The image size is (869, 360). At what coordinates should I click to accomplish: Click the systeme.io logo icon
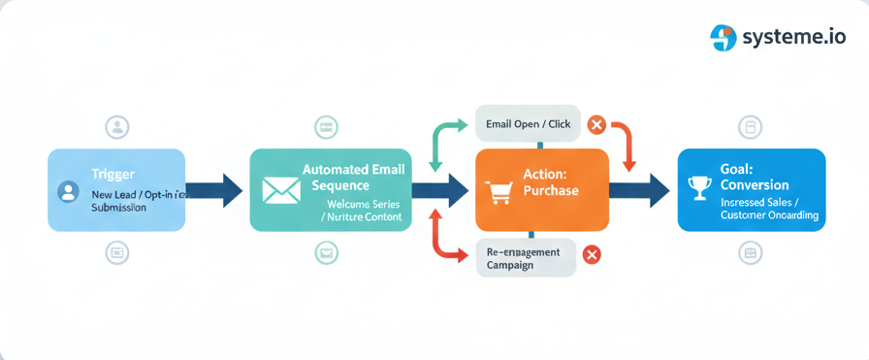coord(724,38)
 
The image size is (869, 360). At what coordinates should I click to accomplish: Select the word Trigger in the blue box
coord(113,174)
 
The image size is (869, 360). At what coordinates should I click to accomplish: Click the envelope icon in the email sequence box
coord(281,190)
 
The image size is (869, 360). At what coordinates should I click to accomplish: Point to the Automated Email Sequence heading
coord(353,177)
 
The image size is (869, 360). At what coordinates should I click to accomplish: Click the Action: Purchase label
coord(551,181)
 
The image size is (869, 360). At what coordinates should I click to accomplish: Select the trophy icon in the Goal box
coord(698,188)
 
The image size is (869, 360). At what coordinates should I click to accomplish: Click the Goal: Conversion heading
coord(755,177)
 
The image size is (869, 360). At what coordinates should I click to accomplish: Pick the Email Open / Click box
coord(528,124)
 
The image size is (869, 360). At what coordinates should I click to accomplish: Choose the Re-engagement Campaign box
coord(525,258)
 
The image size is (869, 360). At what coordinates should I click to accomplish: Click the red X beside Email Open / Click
coord(596,124)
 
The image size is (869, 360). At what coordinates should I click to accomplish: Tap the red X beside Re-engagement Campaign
coord(591,255)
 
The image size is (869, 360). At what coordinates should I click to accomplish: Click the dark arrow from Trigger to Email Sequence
coord(214,190)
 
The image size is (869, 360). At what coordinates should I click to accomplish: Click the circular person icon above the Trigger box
coord(117,127)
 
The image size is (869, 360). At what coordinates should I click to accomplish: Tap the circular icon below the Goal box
coord(750,253)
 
